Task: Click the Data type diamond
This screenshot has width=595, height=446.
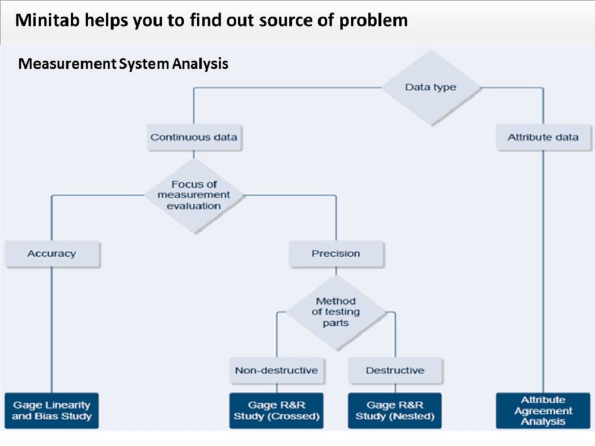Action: point(431,87)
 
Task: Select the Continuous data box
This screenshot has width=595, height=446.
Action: point(193,137)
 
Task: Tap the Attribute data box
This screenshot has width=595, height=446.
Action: point(543,137)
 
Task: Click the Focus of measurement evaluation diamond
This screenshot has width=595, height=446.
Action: point(194,195)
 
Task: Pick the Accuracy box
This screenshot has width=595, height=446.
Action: point(52,254)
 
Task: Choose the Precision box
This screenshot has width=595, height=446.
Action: point(336,254)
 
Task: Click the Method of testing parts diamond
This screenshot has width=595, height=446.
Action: point(336,312)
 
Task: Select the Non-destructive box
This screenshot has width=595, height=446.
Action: point(276,370)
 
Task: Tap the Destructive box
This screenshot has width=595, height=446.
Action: point(395,370)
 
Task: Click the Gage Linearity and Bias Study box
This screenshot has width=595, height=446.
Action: point(52,411)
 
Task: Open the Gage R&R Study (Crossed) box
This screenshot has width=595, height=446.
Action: point(276,411)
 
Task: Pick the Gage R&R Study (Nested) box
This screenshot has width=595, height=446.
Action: point(395,411)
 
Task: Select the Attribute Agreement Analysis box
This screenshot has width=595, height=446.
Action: point(543,411)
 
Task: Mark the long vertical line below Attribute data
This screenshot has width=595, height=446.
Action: point(543,268)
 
